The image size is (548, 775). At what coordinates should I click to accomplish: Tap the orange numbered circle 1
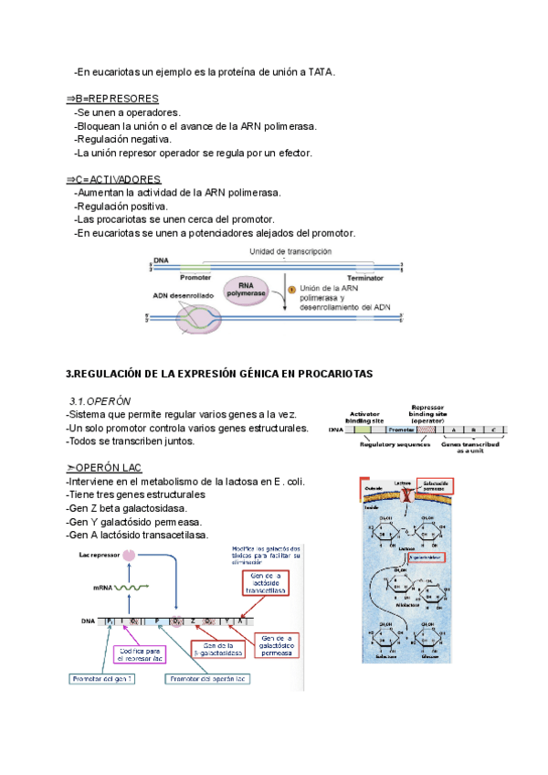click(x=291, y=289)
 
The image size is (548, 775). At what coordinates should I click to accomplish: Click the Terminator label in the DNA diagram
click(x=364, y=276)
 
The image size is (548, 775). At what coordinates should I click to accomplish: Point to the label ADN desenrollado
click(x=184, y=294)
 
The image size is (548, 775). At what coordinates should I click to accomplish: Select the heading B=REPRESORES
click(x=112, y=98)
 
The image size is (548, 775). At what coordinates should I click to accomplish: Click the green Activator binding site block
click(x=363, y=429)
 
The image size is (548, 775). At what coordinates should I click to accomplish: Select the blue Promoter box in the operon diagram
click(x=402, y=429)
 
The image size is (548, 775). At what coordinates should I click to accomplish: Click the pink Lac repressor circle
click(x=131, y=555)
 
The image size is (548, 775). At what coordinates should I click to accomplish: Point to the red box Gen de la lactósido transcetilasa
click(x=259, y=583)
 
